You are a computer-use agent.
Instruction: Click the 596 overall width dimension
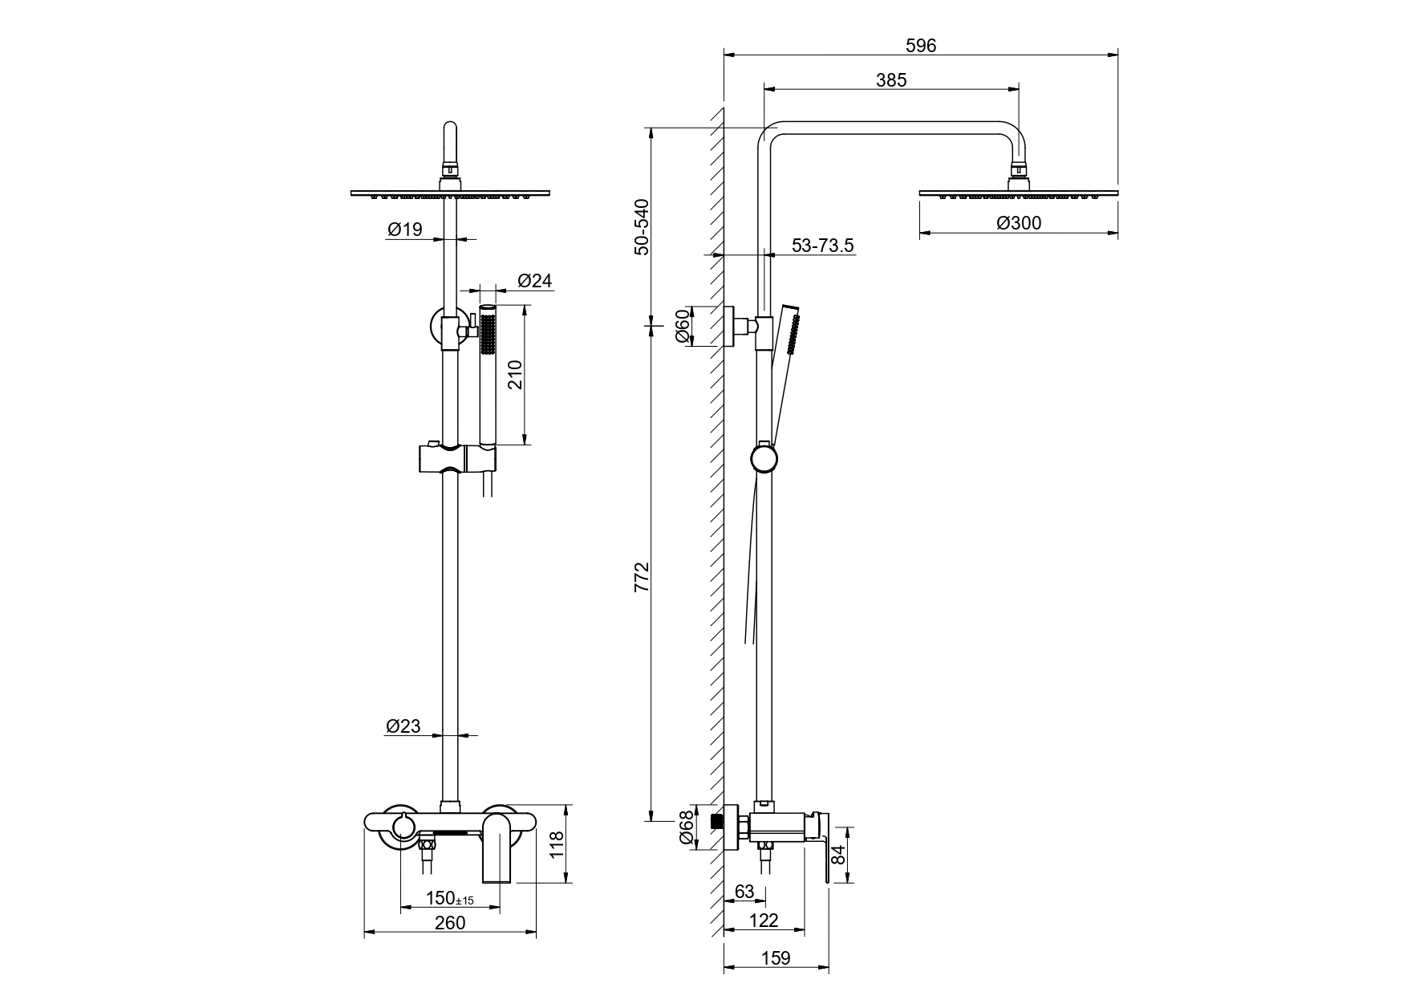coord(921,46)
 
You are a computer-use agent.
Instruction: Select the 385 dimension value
coord(891,80)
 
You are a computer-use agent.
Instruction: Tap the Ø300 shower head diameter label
coord(1019,223)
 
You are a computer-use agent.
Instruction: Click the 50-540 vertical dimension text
coord(642,226)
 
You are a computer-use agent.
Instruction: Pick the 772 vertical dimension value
coord(642,578)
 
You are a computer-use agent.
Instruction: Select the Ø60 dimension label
coord(683,326)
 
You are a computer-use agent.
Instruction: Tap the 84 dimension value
coord(839,854)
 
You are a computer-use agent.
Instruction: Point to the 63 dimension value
coord(744,892)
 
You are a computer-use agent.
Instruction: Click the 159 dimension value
coord(775,957)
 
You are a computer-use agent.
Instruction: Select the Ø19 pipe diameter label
coord(404,230)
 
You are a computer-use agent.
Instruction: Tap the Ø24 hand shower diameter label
coord(534,281)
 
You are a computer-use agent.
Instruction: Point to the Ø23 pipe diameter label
coord(403,726)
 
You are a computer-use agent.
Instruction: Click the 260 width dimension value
coord(450,923)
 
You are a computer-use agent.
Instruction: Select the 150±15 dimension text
coord(450,898)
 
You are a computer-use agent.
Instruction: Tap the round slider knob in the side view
coord(764,459)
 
